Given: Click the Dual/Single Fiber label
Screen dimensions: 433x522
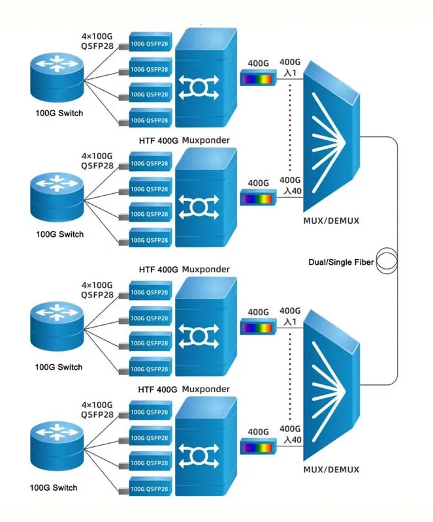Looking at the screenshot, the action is [341, 262].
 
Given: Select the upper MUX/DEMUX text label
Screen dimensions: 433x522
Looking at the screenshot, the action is [331, 221].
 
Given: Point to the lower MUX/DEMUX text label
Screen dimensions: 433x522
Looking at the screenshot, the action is [331, 470].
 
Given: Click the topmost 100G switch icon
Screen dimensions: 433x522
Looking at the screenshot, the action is [57, 77].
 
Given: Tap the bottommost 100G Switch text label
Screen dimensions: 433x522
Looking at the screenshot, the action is [54, 487].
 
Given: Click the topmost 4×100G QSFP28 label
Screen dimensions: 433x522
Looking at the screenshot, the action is [97, 41].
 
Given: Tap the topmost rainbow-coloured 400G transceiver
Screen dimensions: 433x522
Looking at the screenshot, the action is [259, 78].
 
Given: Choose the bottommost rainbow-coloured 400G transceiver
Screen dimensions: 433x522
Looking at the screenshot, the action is [259, 447].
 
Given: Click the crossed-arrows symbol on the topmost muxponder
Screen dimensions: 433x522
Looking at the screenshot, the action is [199, 87].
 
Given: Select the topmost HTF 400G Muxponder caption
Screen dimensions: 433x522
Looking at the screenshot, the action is [184, 140].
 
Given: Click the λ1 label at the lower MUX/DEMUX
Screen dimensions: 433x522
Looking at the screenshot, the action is [290, 322].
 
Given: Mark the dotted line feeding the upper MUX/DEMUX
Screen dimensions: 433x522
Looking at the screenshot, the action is [290, 127].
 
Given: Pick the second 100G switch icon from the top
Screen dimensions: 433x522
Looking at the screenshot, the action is [57, 197].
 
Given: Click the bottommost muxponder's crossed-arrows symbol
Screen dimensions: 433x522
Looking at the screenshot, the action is [199, 456].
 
